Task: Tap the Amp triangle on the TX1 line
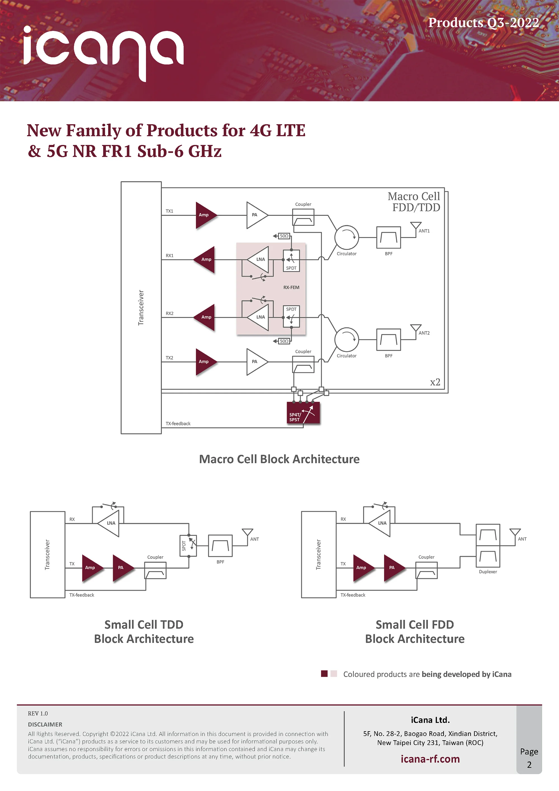tap(205, 215)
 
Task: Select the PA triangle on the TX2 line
tap(255, 362)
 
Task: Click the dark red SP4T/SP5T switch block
tap(303, 413)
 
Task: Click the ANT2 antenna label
tap(424, 333)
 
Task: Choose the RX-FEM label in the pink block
tap(291, 287)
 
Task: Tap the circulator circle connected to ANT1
tap(347, 237)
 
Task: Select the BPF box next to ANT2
tap(389, 340)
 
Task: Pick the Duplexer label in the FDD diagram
tap(488, 571)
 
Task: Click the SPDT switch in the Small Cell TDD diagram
tap(188, 546)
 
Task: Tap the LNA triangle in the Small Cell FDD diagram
tap(381, 523)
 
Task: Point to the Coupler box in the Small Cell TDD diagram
tap(155, 571)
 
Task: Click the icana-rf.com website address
tap(430, 759)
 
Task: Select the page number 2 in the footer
tap(529, 765)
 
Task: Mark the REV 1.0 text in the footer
tap(38, 714)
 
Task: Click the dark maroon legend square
tap(324, 674)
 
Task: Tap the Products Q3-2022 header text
tap(483, 23)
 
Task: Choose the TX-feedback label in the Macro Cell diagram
tap(178, 424)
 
